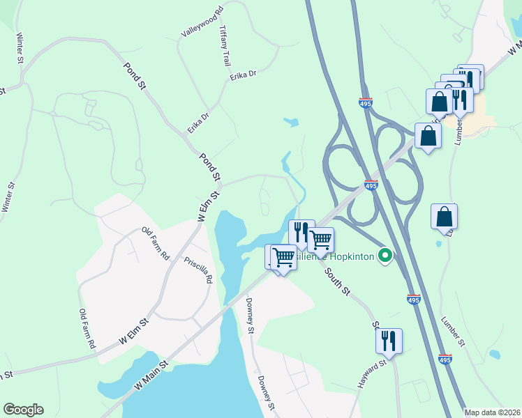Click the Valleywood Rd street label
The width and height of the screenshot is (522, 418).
(201, 22)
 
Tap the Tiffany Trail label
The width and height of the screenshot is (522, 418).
(224, 46)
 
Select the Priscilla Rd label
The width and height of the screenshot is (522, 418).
(198, 268)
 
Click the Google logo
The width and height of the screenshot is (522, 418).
(23, 410)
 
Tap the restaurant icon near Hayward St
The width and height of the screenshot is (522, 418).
(388, 341)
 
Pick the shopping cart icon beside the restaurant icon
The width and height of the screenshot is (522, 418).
(320, 240)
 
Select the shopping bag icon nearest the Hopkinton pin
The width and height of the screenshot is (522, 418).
(444, 217)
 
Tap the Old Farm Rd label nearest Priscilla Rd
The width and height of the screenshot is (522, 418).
(156, 243)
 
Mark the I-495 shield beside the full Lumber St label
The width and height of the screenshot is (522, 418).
(445, 359)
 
